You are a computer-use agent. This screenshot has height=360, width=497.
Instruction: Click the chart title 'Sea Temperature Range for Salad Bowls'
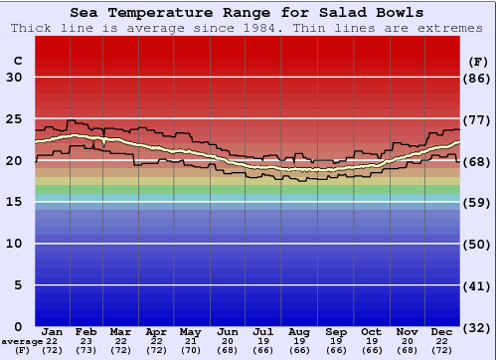pyautogui.click(x=247, y=12)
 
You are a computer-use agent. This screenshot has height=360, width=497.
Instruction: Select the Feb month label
pyautogui.click(x=86, y=332)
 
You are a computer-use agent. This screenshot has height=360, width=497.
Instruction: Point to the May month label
pyautogui.click(x=190, y=332)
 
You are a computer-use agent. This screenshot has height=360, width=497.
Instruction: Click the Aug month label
pyautogui.click(x=299, y=332)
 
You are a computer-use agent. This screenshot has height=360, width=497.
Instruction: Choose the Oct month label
pyautogui.click(x=371, y=332)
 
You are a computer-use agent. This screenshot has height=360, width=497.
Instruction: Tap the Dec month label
pyautogui.click(x=442, y=332)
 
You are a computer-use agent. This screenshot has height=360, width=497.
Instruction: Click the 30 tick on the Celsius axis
pyautogui.click(x=14, y=78)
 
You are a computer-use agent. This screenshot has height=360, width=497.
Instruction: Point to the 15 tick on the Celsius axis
pyautogui.click(x=14, y=202)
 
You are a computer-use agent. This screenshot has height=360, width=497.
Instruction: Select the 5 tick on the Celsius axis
pyautogui.click(x=17, y=285)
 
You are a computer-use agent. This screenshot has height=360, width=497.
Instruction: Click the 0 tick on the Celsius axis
pyautogui.click(x=17, y=326)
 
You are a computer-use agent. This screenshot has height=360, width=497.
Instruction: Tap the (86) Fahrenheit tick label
pyautogui.click(x=478, y=78)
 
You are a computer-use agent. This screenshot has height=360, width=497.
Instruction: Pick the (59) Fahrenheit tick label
pyautogui.click(x=478, y=202)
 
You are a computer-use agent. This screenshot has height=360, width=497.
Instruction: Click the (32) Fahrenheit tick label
pyautogui.click(x=478, y=326)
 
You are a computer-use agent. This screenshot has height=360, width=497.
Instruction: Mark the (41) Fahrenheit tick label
pyautogui.click(x=478, y=285)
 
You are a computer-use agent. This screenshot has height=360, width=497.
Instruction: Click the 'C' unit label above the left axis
pyautogui.click(x=17, y=61)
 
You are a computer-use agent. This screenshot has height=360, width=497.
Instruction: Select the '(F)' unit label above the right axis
pyautogui.click(x=478, y=61)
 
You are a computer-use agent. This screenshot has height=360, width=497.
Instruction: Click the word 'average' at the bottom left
pyautogui.click(x=22, y=341)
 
